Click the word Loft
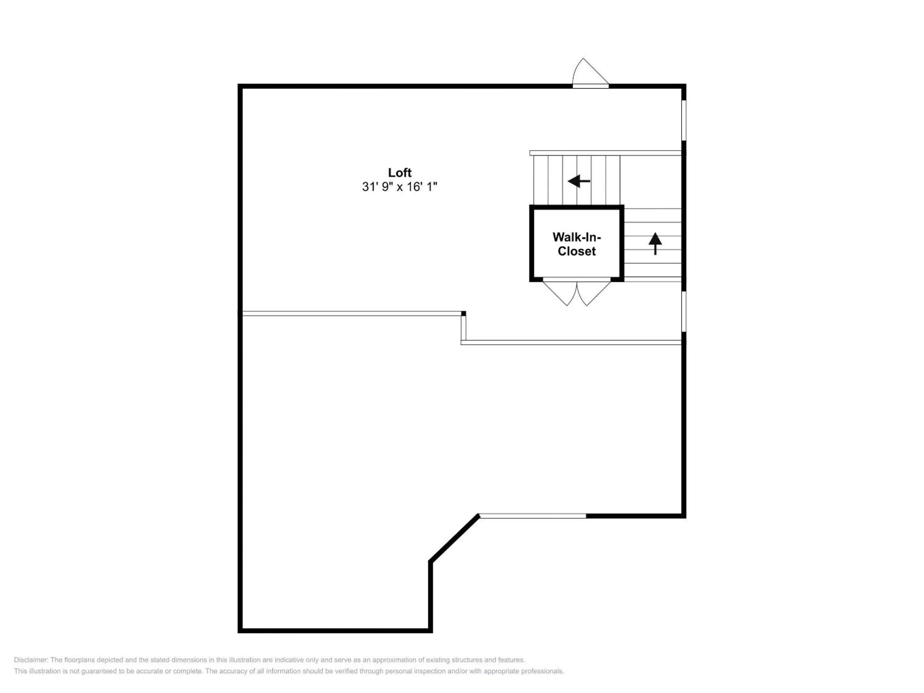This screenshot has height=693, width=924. (x=399, y=173)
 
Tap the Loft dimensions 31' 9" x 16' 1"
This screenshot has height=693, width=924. (x=399, y=187)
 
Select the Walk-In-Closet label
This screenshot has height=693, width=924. (x=577, y=244)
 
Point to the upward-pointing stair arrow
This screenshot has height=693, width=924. (x=655, y=243)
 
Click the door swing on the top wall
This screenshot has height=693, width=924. (x=589, y=73)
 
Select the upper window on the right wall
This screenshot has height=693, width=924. (x=684, y=120)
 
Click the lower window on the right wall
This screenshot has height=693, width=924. (x=684, y=312)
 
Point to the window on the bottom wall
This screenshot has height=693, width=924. (x=533, y=516)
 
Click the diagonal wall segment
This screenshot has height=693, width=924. (x=454, y=538)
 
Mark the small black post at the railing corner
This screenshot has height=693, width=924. (x=463, y=313)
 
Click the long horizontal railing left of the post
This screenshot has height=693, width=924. (x=351, y=313)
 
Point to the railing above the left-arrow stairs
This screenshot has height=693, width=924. (x=606, y=153)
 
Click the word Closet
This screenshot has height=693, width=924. (x=577, y=251)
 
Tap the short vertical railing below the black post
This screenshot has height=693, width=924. (x=463, y=328)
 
